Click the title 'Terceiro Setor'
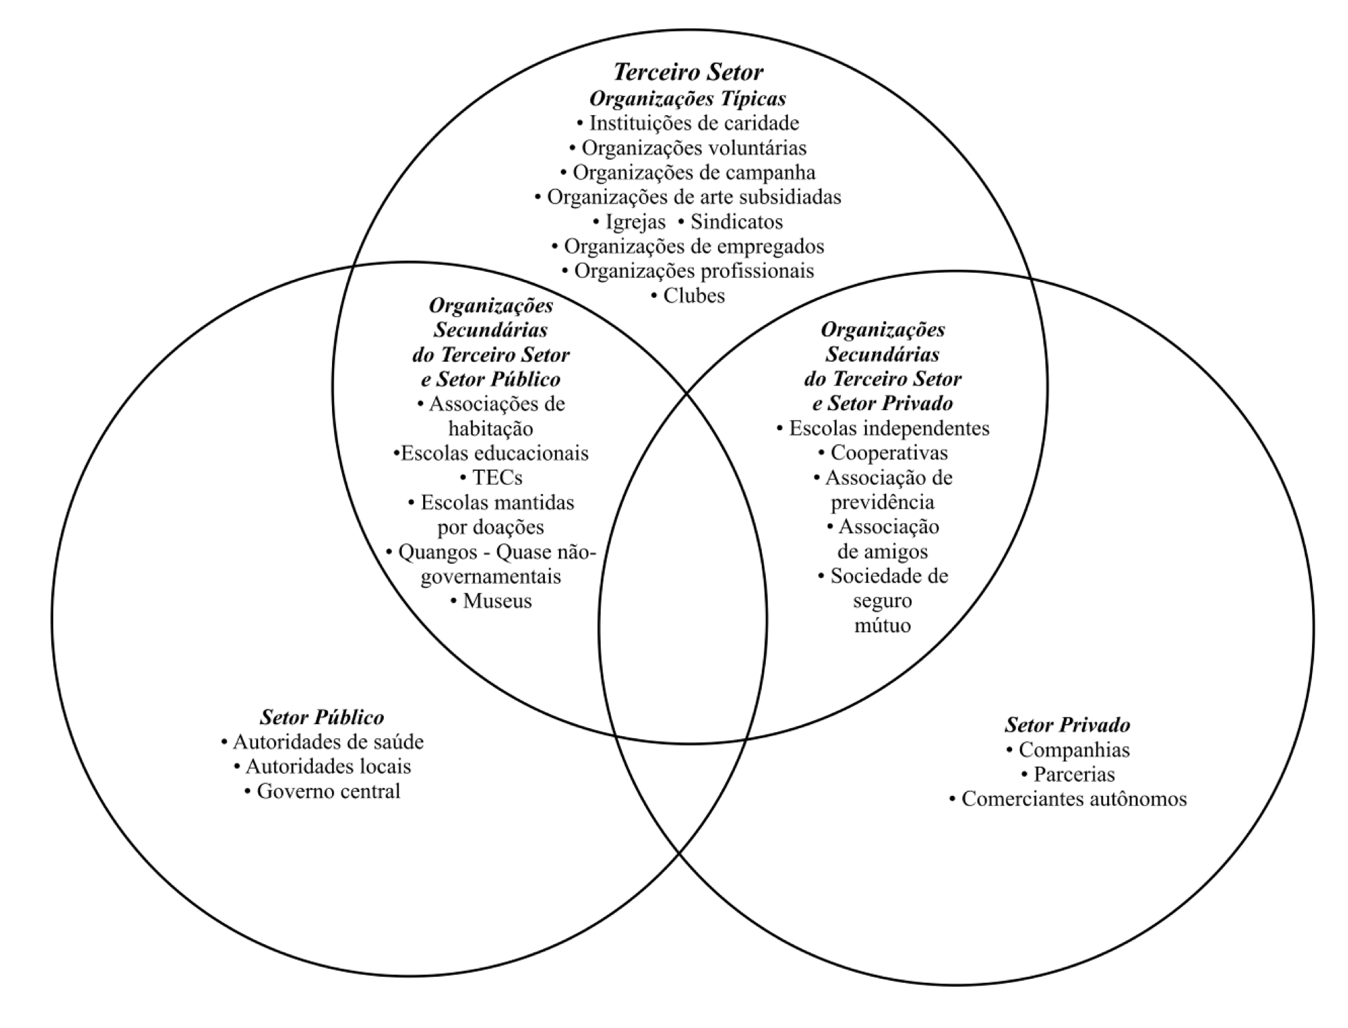[688, 72]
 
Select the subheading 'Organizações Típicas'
[688, 98]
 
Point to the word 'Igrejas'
[635, 221]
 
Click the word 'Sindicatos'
[736, 221]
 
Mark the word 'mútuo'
[882, 625]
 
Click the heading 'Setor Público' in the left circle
[322, 717]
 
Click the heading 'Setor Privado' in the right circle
[1067, 724]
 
